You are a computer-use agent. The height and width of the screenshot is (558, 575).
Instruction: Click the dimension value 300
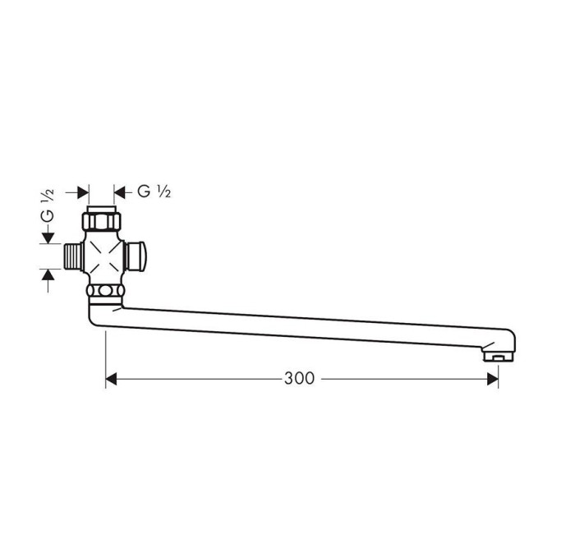coord(299,378)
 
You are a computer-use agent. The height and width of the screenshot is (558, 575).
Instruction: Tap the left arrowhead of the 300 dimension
coord(111,379)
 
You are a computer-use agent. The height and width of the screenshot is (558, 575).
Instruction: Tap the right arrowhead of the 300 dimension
coord(493,379)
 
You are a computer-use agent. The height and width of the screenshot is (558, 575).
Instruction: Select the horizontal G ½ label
coord(154,191)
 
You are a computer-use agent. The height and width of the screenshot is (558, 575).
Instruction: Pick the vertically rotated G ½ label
coord(48,205)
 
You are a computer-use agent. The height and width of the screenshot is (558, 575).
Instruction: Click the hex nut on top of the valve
coord(102,221)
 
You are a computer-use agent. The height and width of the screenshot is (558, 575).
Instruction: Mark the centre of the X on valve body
coord(104,256)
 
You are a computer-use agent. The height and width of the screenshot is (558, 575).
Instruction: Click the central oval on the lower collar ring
coord(106,291)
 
